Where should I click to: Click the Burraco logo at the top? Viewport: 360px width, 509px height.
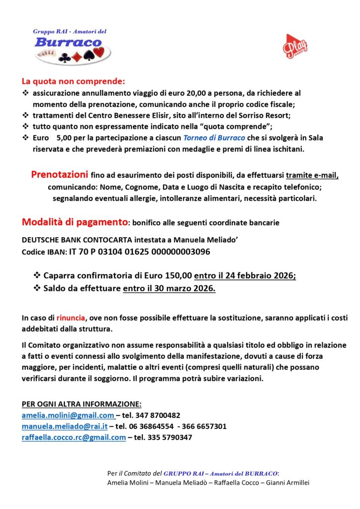73,47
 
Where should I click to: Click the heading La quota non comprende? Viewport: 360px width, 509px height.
73,81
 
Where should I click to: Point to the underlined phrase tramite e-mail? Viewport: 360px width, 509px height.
312,175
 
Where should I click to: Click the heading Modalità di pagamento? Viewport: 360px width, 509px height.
75,222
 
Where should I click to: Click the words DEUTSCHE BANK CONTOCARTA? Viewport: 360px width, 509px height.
70,240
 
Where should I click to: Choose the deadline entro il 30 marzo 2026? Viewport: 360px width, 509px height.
169,288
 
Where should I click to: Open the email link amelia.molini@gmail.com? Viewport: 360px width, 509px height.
68,415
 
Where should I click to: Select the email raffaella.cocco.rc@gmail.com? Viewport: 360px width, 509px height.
74,437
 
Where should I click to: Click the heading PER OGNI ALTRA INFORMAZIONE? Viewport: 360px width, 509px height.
82,404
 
